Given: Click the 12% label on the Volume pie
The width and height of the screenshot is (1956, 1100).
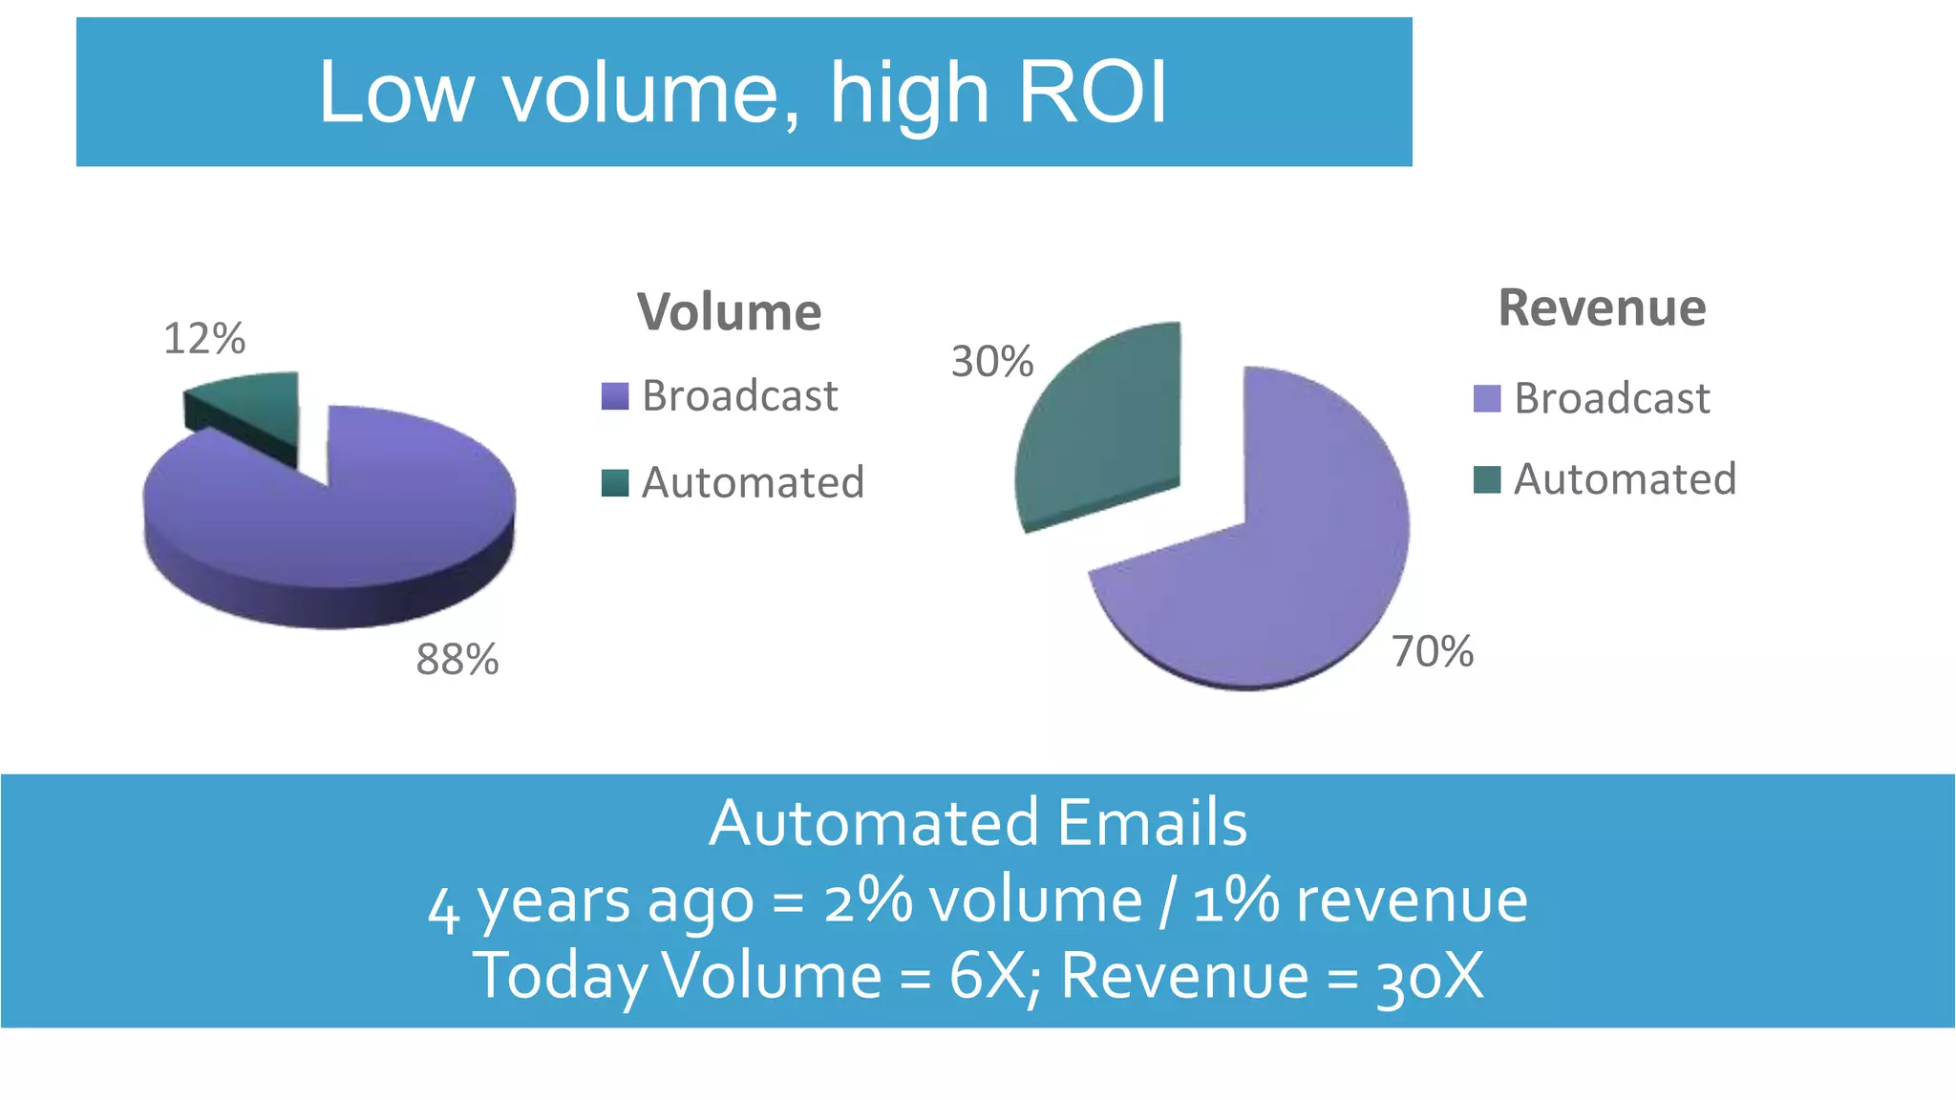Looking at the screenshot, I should (x=204, y=339).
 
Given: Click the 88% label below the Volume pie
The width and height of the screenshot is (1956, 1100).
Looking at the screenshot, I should (x=457, y=660).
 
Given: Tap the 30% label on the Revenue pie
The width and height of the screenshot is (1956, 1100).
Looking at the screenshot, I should (x=992, y=362).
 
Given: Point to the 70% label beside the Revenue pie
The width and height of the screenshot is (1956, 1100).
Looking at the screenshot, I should (x=1433, y=652).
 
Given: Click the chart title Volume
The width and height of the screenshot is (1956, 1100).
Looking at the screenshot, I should (x=730, y=312).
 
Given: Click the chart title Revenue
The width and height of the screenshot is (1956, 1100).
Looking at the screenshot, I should (x=1602, y=308).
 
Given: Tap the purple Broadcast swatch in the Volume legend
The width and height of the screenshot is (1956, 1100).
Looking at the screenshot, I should (x=615, y=396).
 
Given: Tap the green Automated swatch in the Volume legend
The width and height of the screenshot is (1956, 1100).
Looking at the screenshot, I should (x=615, y=483).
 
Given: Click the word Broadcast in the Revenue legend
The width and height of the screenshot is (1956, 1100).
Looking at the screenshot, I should (x=1612, y=398).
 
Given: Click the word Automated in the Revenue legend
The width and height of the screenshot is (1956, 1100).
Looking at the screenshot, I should (x=1625, y=479).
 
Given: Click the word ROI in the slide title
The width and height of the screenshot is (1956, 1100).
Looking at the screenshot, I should (x=1093, y=93).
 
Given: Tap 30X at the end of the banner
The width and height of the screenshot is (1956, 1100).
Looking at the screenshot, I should (x=1429, y=976).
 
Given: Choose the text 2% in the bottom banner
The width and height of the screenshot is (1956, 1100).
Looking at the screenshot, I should (x=867, y=900).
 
